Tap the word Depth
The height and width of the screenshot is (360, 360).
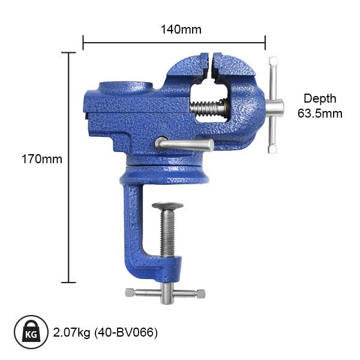click(x=320, y=99)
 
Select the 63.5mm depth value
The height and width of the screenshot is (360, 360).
click(x=320, y=113)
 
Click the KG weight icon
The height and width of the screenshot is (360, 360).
click(x=31, y=331)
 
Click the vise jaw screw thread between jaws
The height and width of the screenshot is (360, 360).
click(x=210, y=109)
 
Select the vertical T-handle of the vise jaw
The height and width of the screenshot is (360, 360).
click(x=273, y=108)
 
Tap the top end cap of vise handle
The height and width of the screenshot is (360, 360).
click(x=273, y=62)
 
